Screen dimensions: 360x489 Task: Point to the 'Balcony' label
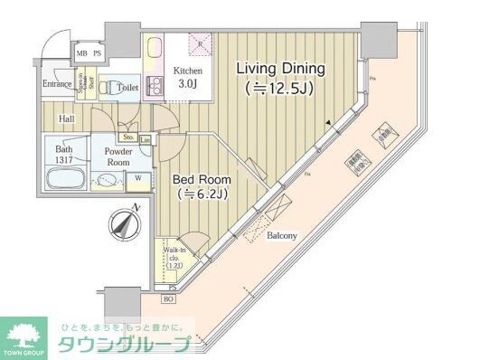click(x=284, y=236)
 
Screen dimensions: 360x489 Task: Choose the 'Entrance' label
click(x=56, y=85)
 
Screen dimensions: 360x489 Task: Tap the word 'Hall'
click(x=67, y=118)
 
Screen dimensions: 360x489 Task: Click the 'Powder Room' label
click(x=118, y=157)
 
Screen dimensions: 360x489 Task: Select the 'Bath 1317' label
click(x=63, y=155)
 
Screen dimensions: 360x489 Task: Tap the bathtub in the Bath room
click(x=65, y=178)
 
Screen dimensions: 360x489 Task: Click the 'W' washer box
click(x=138, y=178)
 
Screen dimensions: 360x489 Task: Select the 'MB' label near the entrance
click(x=81, y=53)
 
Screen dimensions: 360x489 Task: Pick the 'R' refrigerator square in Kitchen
click(x=201, y=42)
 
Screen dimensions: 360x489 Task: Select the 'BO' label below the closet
click(x=168, y=299)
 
